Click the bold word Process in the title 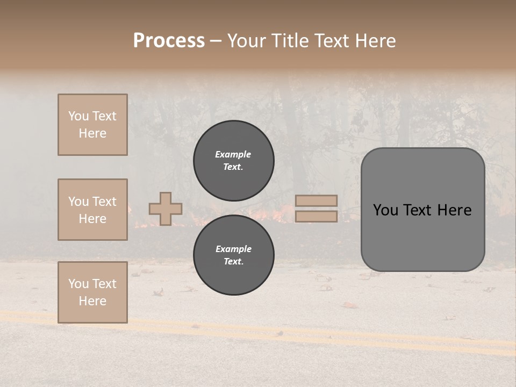tap(169, 41)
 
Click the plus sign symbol tap(166, 209)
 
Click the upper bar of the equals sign tap(317, 201)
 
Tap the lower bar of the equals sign tap(317, 216)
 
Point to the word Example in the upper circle tap(233, 154)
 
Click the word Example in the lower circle tap(233, 249)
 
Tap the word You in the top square tap(78, 116)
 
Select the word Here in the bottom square tap(92, 301)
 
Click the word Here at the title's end tap(377, 41)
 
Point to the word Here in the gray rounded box tap(454, 210)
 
